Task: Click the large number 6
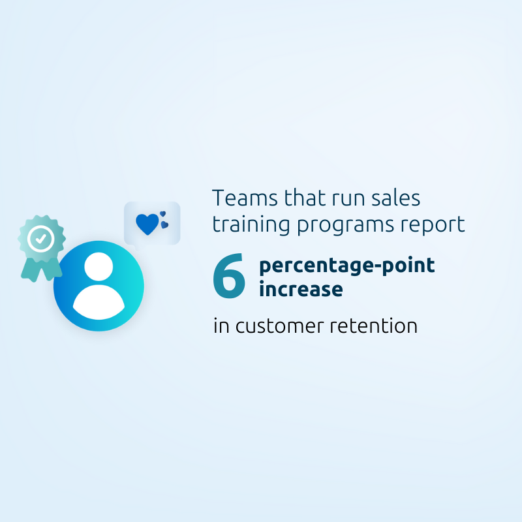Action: [229, 276]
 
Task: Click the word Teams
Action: [245, 198]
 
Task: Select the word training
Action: [251, 224]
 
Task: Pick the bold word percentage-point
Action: [347, 266]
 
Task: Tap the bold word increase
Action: [301, 288]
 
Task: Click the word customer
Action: [280, 326]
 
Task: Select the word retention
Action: [373, 326]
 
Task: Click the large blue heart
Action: [147, 224]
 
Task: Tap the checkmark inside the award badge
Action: [40, 238]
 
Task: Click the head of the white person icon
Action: [99, 266]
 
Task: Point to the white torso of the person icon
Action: [99, 302]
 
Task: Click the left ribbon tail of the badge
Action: [31, 269]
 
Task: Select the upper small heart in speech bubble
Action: [162, 214]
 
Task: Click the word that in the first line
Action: [305, 198]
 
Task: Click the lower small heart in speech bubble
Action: [164, 225]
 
